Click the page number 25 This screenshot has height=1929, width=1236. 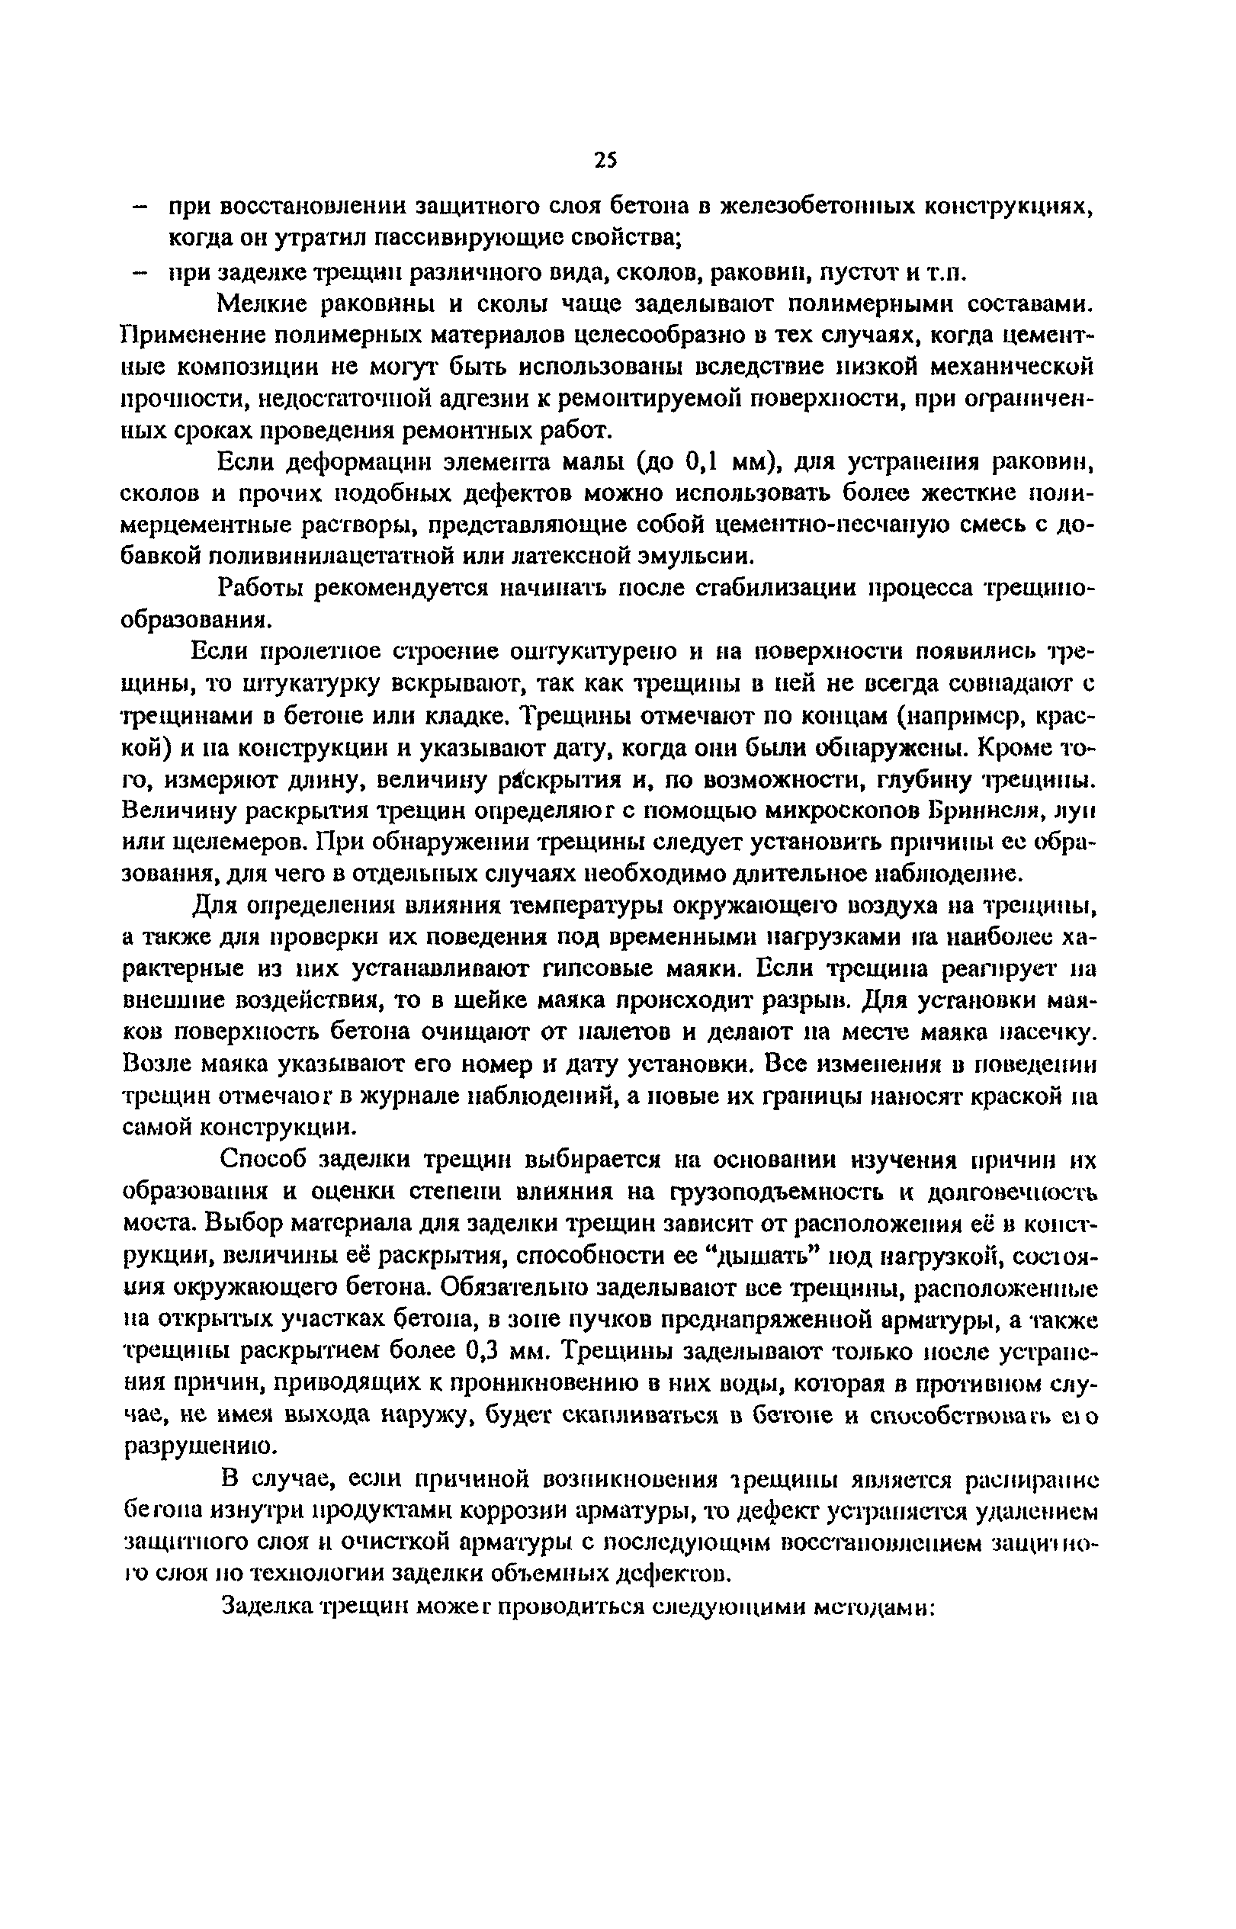tap(606, 159)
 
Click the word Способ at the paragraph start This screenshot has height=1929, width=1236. tap(262, 1160)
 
